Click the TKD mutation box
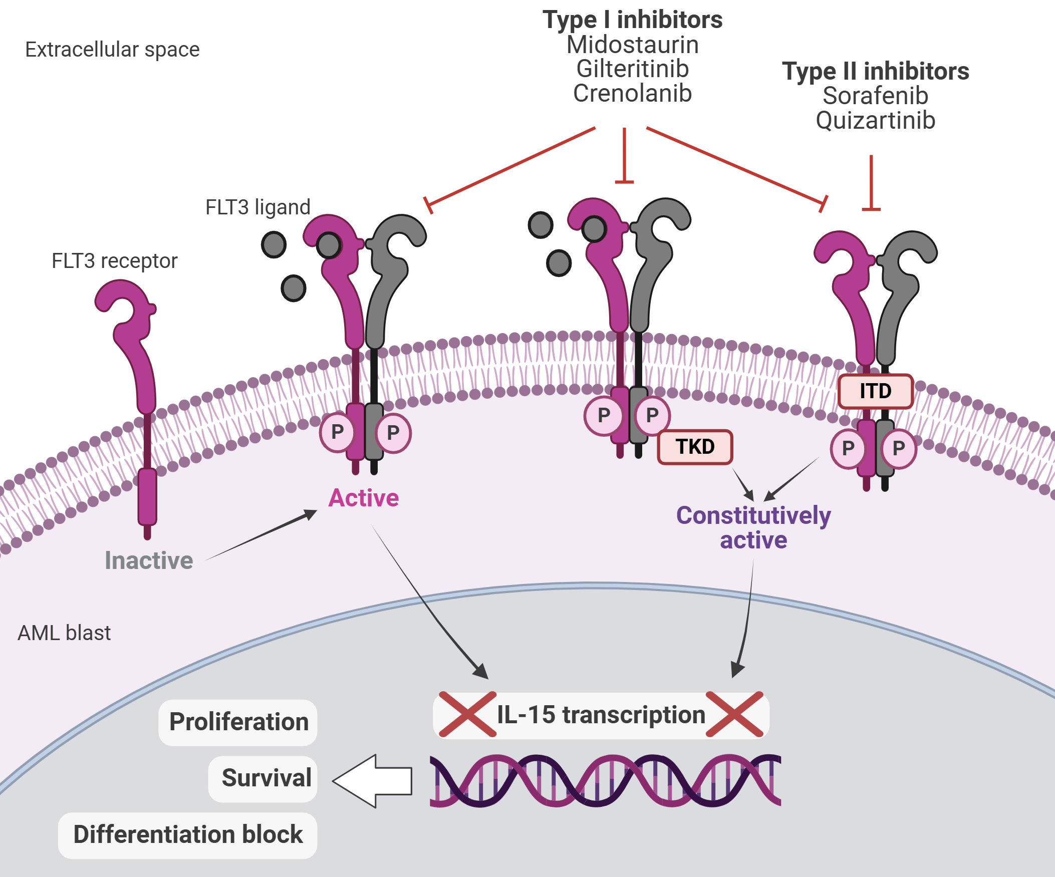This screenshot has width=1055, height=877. (695, 447)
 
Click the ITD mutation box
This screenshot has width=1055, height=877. (875, 391)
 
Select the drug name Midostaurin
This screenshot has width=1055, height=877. (633, 45)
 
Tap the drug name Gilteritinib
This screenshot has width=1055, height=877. (633, 69)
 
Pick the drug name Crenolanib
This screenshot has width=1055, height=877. (633, 94)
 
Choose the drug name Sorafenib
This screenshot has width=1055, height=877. (875, 96)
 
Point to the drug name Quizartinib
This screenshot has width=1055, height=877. (875, 121)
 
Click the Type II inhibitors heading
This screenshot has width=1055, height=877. (875, 71)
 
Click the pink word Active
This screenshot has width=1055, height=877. (363, 498)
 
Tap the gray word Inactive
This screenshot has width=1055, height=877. (149, 560)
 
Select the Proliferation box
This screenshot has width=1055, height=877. (238, 722)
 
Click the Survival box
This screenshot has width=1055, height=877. (263, 778)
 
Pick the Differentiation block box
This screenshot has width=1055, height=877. (188, 834)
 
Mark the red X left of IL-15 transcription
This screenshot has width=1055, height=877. (467, 714)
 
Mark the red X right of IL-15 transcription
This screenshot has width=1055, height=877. (734, 714)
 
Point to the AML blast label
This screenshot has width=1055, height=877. (64, 633)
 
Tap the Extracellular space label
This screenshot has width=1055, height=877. (112, 50)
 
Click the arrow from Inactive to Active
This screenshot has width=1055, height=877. (261, 535)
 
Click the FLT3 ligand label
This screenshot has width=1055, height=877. (257, 207)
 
